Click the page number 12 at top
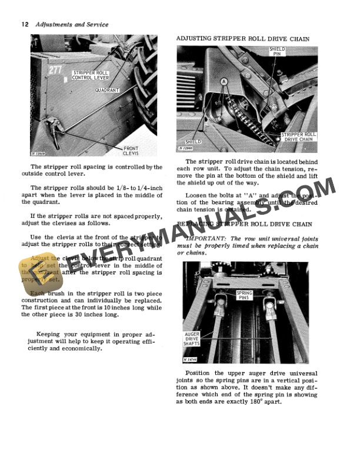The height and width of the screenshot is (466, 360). coord(25,25)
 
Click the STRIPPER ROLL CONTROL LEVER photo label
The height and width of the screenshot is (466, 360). coord(88,75)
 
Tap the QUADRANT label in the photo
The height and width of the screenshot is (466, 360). coord(107,90)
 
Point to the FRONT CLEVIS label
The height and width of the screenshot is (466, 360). coord(131,150)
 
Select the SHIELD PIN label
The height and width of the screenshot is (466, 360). coord(277,52)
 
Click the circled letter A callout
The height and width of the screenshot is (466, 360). coord(224,81)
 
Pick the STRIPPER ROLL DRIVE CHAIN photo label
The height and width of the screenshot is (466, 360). coord(298,137)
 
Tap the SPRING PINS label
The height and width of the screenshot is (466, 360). coord(245,295)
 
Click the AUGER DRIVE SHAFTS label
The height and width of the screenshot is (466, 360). coord(192,339)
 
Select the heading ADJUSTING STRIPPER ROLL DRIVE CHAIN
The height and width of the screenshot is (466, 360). coord(242,38)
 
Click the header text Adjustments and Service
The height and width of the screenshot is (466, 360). coord(72,25)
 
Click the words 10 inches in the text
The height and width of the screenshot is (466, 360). coord(116,308)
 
